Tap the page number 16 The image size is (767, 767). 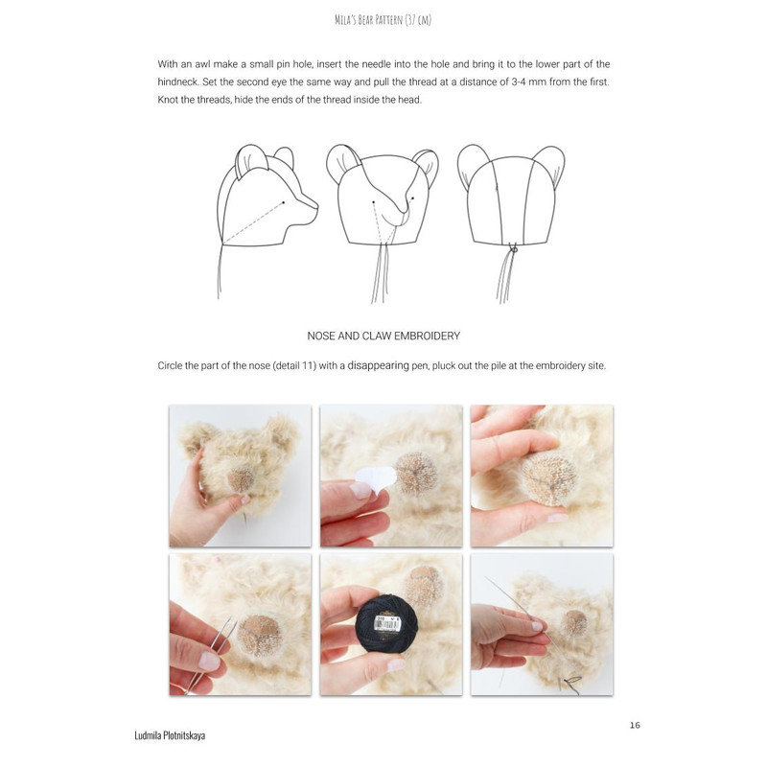[635, 725]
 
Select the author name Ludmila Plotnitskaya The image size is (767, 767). [170, 735]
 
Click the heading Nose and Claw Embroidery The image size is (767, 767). [383, 337]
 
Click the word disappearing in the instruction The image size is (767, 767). [378, 365]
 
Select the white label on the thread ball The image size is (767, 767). [388, 623]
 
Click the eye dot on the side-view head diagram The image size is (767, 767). [283, 202]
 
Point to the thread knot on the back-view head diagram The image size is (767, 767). [513, 249]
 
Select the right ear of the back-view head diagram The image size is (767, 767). [549, 165]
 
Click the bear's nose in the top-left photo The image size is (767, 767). [243, 479]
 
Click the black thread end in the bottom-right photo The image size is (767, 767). [570, 684]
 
